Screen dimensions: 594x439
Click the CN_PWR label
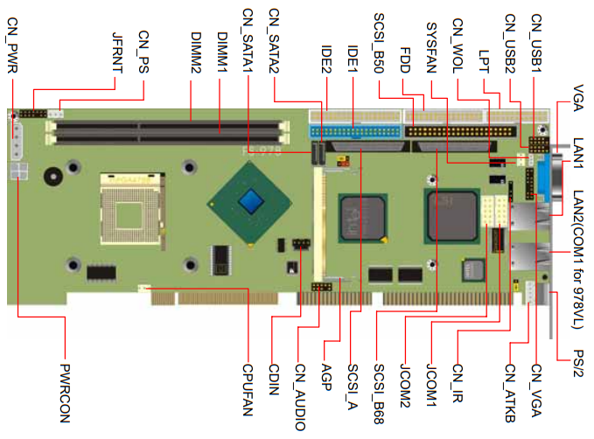pos(12,45)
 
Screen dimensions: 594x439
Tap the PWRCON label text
pos(65,394)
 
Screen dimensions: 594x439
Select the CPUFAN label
pos(248,390)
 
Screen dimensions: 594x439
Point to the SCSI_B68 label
pos(379,394)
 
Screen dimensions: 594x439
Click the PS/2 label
pos(578,363)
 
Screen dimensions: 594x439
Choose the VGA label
pos(578,98)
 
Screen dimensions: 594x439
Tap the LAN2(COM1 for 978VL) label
pos(578,260)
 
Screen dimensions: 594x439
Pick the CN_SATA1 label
pos(248,40)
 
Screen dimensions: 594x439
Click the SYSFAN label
pos(431,47)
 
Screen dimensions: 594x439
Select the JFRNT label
pos(117,52)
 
